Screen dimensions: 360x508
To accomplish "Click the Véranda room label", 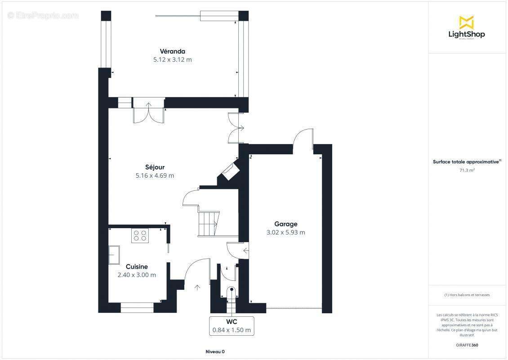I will click(172, 51).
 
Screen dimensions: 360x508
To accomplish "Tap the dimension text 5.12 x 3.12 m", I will click(172, 59).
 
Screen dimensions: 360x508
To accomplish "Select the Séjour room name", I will click(155, 167).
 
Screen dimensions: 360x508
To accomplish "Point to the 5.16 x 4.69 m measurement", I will click(155, 175).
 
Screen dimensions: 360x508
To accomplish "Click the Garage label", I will click(285, 224).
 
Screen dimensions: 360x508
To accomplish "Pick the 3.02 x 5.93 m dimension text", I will click(285, 232).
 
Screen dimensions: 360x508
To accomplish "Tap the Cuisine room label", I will click(137, 266).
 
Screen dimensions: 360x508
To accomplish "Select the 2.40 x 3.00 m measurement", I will click(137, 274).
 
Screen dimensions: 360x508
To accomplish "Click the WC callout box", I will click(232, 326).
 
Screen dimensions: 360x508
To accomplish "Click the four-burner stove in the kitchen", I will click(140, 236).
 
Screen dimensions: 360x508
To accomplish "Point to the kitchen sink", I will click(114, 255).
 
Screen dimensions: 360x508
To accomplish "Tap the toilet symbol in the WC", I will click(232, 291).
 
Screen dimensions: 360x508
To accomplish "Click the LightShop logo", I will click(467, 27).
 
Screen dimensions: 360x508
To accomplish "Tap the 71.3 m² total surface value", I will click(467, 171).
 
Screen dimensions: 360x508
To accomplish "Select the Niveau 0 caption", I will click(214, 352).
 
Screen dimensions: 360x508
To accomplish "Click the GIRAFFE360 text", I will click(467, 345).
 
